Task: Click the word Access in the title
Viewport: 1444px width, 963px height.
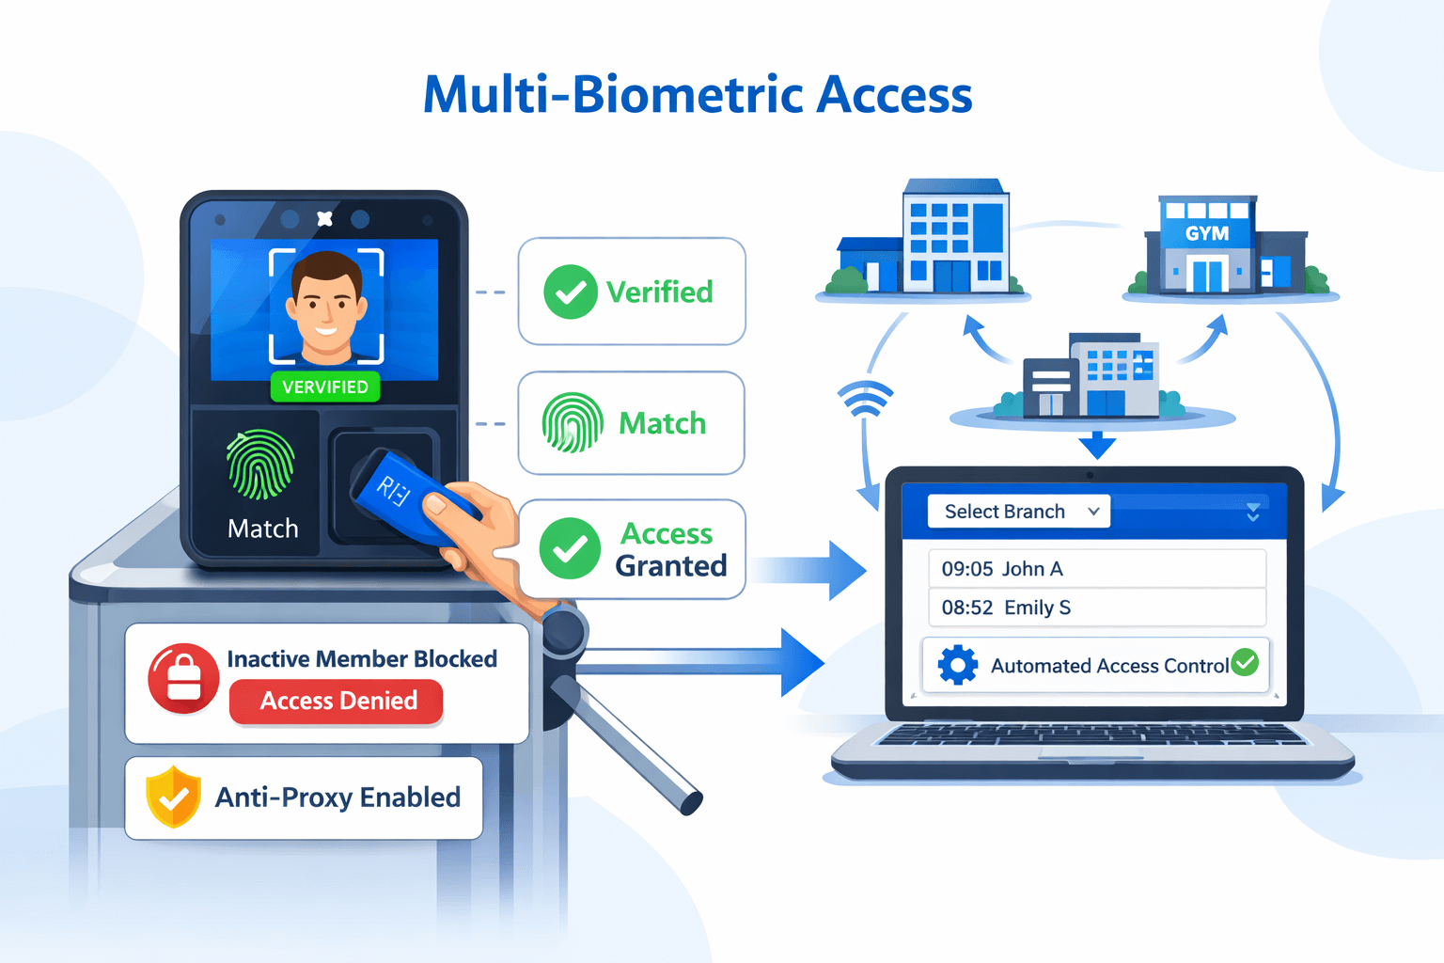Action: (894, 95)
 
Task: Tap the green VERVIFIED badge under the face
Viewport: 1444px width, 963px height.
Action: (325, 387)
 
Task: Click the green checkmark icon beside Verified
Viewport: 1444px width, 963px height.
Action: (571, 292)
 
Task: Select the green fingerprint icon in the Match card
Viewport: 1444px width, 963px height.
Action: (573, 423)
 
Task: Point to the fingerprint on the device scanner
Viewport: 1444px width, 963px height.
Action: (260, 465)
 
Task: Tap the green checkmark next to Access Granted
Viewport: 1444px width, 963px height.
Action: (570, 548)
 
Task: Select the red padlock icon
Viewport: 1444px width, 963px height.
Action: (183, 677)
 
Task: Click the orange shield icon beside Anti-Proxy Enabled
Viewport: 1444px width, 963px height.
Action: (173, 797)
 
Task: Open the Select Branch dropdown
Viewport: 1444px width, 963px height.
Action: (1018, 512)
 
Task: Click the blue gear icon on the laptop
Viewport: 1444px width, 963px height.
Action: (958, 665)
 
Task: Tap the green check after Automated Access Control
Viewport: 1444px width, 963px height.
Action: (1245, 662)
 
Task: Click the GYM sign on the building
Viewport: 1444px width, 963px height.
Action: (1207, 233)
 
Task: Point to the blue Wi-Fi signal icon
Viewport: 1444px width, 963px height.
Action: (864, 399)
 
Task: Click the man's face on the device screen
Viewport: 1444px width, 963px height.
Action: (326, 306)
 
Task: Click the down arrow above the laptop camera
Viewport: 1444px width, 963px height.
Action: (1096, 444)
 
